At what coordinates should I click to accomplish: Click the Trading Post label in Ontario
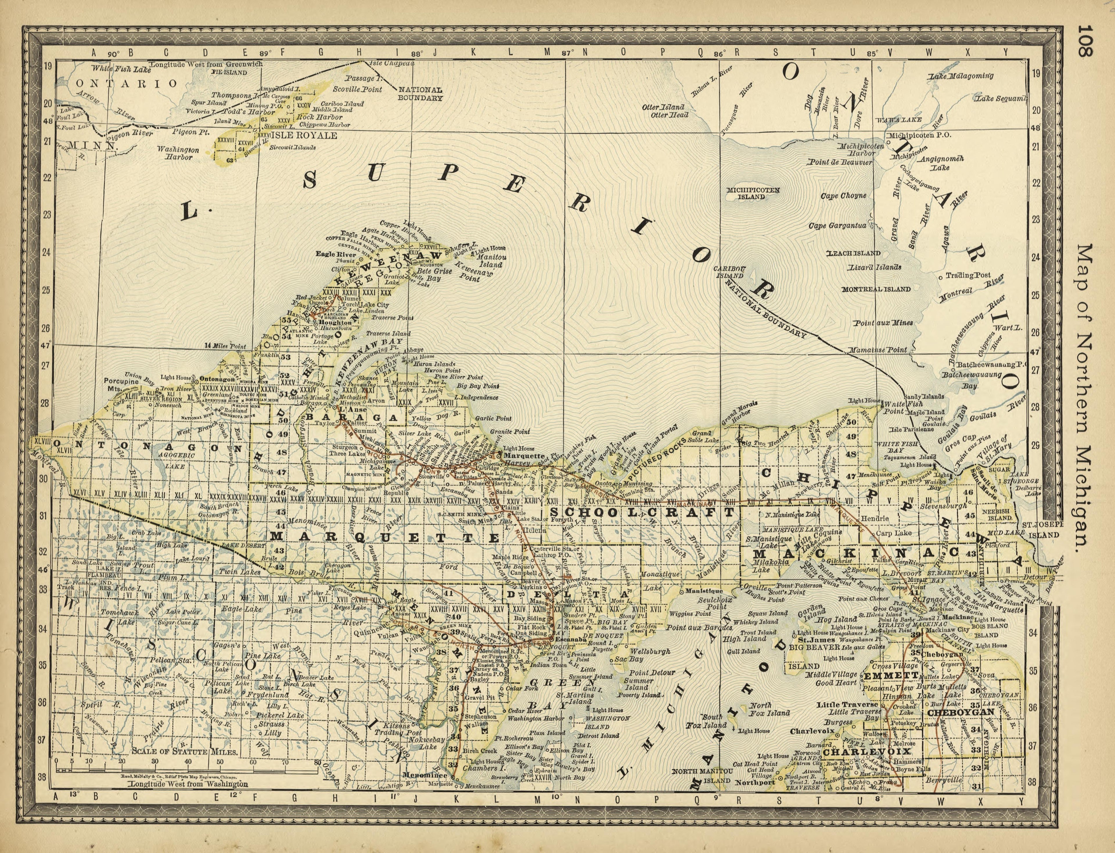(967, 275)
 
